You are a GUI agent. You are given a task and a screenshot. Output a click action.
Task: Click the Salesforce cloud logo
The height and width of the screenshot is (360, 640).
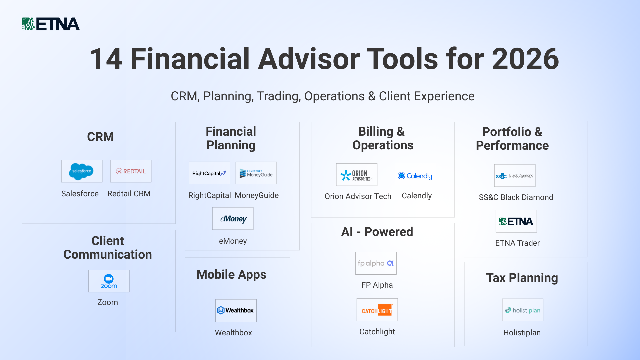[x=82, y=171]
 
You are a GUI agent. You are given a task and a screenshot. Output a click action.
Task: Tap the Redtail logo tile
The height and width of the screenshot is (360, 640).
[x=131, y=171]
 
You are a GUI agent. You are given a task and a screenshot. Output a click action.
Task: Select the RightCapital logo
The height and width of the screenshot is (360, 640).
[x=209, y=173]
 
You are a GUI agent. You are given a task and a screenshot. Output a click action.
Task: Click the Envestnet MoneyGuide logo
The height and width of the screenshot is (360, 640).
[x=256, y=173]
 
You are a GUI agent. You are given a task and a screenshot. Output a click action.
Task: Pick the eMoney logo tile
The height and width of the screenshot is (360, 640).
[x=233, y=219]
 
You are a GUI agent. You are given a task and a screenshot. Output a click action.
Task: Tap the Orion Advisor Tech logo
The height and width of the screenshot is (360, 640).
[x=357, y=175]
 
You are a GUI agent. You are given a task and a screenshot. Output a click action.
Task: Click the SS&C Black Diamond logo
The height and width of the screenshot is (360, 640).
[x=515, y=176]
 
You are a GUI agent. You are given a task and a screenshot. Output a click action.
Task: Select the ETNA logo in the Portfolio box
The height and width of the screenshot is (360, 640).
[x=516, y=221]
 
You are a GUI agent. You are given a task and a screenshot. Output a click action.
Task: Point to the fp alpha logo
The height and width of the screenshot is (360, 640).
[x=376, y=263]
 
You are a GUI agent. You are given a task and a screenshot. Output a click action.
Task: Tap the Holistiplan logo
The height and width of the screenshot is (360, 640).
[x=523, y=310]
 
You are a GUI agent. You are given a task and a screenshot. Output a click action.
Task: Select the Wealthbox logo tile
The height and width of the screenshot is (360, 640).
[x=236, y=311]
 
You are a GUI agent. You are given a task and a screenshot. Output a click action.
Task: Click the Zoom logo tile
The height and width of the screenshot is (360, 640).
[x=109, y=281]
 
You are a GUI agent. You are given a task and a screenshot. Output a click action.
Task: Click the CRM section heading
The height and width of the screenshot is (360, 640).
[x=100, y=137]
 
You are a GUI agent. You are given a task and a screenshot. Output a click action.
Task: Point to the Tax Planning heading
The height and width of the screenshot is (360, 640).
[x=522, y=278]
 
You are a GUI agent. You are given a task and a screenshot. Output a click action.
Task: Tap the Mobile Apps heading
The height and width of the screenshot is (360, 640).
[x=231, y=275]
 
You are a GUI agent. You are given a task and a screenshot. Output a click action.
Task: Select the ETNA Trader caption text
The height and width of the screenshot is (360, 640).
[x=517, y=243]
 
